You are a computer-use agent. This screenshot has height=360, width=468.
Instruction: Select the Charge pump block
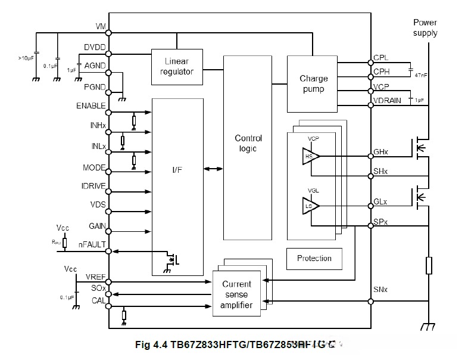[313, 83]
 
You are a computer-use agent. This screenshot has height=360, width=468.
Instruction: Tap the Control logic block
[248, 144]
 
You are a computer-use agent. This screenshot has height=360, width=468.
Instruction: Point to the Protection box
[314, 258]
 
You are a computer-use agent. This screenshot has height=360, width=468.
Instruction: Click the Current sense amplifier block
[236, 294]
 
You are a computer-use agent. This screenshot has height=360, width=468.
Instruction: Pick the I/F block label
[177, 170]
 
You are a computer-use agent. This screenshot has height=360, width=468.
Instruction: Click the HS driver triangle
[310, 157]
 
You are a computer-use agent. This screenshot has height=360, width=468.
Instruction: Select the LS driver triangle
[310, 206]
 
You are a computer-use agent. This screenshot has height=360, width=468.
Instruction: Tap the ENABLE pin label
[91, 106]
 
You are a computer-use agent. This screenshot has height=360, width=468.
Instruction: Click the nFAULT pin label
[92, 244]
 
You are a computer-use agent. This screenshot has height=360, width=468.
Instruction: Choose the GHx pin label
[381, 153]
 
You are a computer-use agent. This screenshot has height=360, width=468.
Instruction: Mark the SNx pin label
[381, 290]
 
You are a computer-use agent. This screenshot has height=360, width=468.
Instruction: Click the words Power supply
[425, 27]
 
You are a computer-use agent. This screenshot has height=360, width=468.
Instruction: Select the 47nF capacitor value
[420, 75]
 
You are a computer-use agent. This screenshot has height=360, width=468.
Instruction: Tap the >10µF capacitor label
[27, 58]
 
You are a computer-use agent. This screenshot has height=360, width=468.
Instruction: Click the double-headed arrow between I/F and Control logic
[213, 169]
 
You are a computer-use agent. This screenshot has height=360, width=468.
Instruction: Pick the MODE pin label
[94, 168]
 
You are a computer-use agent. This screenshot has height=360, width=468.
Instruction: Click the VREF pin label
[95, 278]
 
